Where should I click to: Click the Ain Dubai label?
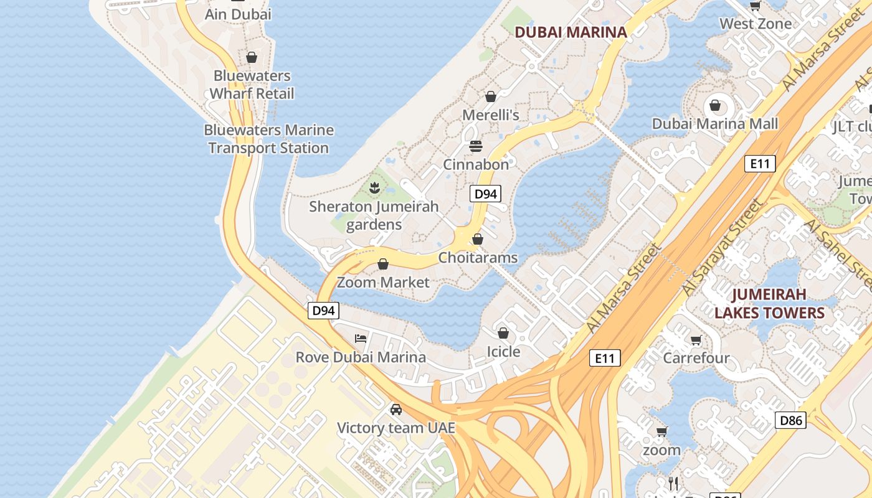tap(238, 14)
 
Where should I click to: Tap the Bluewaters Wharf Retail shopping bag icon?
tap(252, 58)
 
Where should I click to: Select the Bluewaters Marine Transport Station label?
tap(268, 139)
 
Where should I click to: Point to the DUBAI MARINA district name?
tap(571, 32)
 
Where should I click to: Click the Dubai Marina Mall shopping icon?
tap(715, 105)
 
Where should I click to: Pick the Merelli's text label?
tap(490, 115)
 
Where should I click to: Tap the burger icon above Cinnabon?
tap(476, 146)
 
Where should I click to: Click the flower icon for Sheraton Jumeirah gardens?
tap(374, 187)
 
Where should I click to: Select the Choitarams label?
tap(478, 257)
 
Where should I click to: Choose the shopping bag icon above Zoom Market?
tap(383, 265)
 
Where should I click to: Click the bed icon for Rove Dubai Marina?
tap(361, 339)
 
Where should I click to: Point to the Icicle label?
tap(503, 352)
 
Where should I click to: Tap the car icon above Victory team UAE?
tap(396, 410)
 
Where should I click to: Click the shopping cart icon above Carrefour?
tap(696, 340)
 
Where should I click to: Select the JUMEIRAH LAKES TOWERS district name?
tap(769, 303)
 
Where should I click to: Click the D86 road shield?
tap(791, 420)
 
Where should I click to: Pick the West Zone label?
tap(756, 24)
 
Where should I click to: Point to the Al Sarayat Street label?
tap(722, 248)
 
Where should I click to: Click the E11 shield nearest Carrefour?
tap(604, 358)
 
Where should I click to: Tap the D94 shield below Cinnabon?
tap(485, 194)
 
